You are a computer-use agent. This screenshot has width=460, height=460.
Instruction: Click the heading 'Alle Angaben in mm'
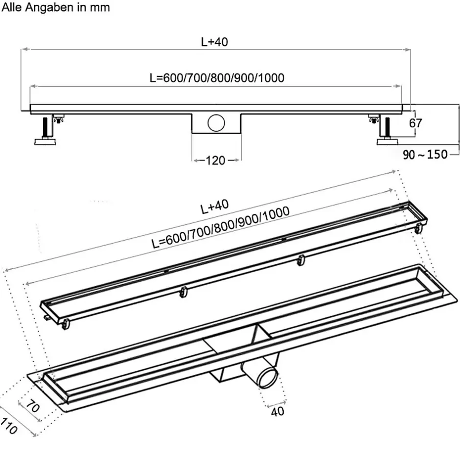[56, 7]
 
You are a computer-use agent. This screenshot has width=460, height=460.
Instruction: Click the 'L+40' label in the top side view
[214, 42]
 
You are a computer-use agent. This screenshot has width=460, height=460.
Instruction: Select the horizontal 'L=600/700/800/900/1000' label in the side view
[217, 78]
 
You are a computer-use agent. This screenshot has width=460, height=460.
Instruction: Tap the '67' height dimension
[415, 123]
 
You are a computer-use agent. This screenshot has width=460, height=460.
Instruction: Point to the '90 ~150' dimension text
[425, 155]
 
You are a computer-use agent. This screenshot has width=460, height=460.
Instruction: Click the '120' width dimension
[215, 160]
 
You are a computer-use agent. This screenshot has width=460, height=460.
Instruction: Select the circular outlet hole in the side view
[215, 122]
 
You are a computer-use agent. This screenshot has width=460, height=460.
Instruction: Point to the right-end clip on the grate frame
[418, 227]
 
